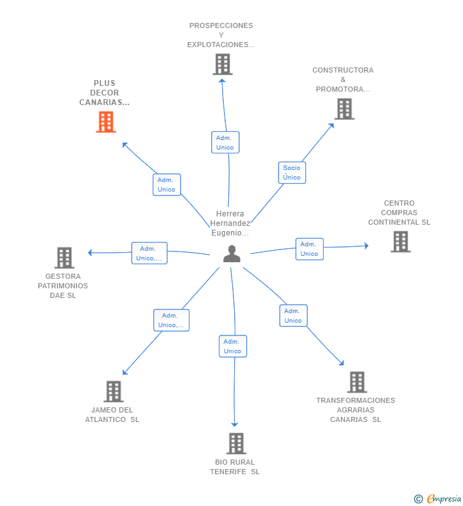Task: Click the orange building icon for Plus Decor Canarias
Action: [106, 122]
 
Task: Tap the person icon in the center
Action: [232, 254]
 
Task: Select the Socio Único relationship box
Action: [292, 172]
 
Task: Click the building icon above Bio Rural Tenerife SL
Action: [236, 444]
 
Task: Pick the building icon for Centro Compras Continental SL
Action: [401, 242]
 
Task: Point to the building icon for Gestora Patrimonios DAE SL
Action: [64, 258]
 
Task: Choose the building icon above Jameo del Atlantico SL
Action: [113, 391]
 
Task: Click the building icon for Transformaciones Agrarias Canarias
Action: [357, 382]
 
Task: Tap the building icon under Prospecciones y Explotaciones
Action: [223, 64]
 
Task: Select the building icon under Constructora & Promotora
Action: [344, 109]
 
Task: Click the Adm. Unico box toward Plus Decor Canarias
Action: [167, 185]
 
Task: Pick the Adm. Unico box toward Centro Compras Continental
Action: [310, 249]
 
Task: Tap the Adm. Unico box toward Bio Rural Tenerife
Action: [233, 346]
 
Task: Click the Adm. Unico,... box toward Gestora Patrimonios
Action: [149, 253]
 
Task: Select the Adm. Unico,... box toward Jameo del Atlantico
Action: [171, 320]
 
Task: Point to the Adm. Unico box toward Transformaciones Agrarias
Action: [293, 316]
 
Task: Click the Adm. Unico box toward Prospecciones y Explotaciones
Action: [225, 143]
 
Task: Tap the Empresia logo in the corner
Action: [438, 499]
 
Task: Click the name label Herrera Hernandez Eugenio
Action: [230, 223]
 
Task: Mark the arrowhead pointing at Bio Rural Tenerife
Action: [235, 425]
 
